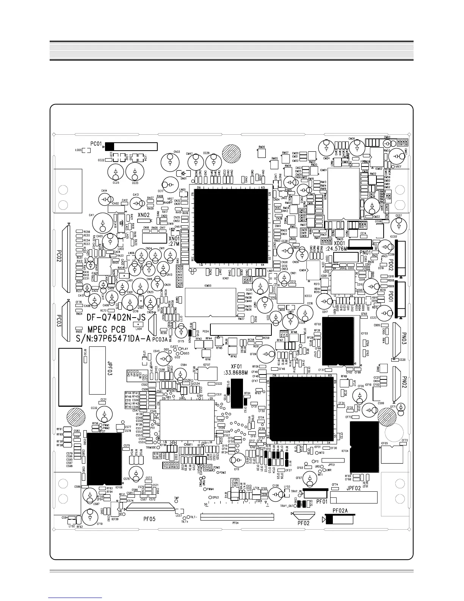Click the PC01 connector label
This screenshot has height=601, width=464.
(96, 144)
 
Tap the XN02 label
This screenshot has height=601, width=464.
(144, 215)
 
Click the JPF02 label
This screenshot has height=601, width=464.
(354, 488)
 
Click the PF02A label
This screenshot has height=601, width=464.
(340, 511)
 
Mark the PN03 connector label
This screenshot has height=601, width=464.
(404, 336)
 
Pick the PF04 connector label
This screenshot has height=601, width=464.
(235, 523)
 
